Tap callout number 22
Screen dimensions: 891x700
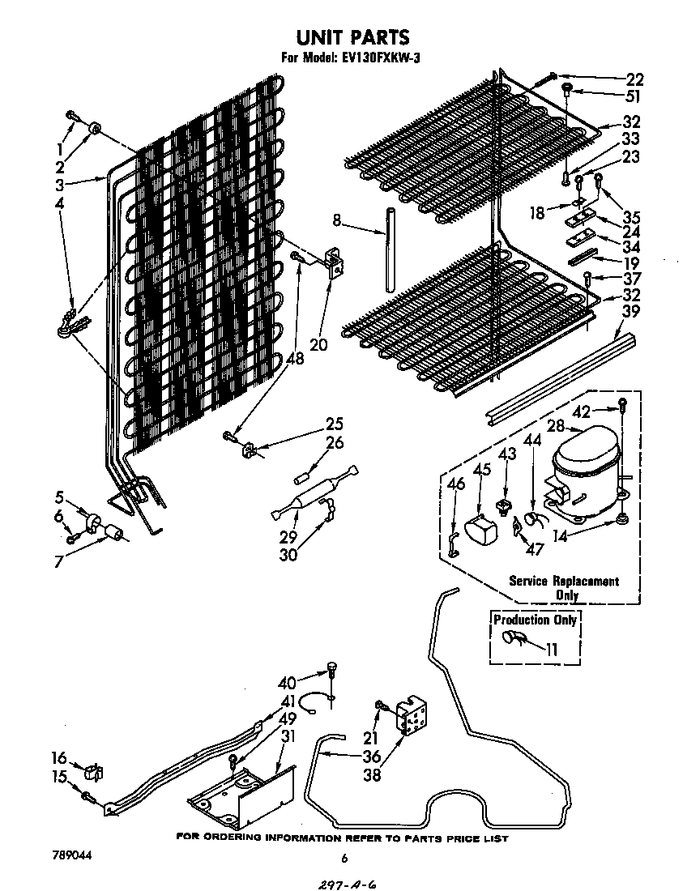pyautogui.click(x=634, y=79)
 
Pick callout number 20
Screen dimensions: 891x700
pyautogui.click(x=318, y=344)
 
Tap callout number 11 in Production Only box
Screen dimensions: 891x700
pyautogui.click(x=552, y=648)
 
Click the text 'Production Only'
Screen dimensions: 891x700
pyautogui.click(x=536, y=620)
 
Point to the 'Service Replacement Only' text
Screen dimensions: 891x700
pyautogui.click(x=564, y=587)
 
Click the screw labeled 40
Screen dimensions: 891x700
pyautogui.click(x=332, y=670)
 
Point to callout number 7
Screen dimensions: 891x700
pyautogui.click(x=59, y=561)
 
